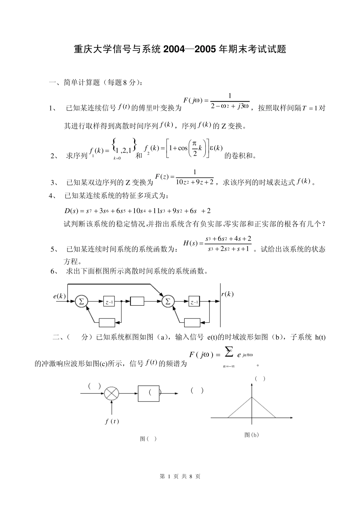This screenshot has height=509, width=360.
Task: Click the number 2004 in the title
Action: coord(175,49)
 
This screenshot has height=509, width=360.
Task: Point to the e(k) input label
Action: coord(59,296)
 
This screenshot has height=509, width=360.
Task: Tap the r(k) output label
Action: coord(227,294)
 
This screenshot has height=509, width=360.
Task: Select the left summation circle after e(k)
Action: coord(81,301)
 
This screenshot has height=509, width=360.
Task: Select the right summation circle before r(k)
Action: coord(168,301)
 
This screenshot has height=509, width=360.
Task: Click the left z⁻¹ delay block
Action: coord(110,302)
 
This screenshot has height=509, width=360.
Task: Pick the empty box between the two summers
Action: coord(137,301)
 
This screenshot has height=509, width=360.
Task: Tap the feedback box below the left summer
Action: coord(107,323)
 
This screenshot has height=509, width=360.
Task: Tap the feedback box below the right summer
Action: coord(192,323)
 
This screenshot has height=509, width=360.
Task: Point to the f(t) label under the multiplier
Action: coord(112,421)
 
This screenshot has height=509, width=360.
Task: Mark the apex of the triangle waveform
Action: coord(252,397)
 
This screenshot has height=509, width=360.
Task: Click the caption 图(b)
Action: coord(252,435)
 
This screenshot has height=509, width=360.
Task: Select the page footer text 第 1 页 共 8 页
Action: coord(180,476)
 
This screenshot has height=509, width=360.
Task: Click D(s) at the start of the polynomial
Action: coord(71,211)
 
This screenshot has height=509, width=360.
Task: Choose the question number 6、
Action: coord(55,271)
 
